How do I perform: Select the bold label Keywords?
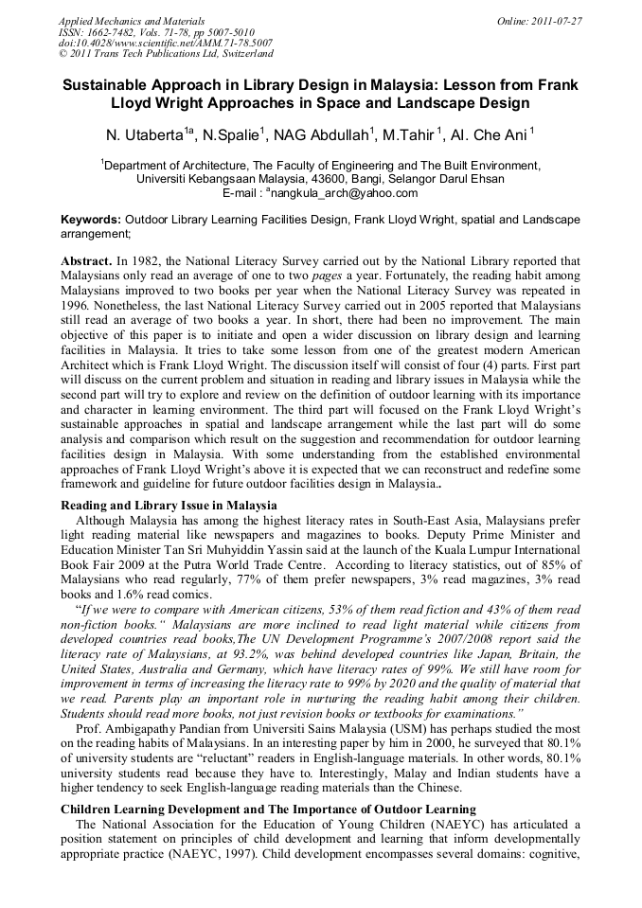point(91,219)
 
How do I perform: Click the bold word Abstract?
point(85,259)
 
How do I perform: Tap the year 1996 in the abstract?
point(78,305)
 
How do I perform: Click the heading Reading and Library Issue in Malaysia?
point(169,506)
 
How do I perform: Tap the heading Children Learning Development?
point(169,809)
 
